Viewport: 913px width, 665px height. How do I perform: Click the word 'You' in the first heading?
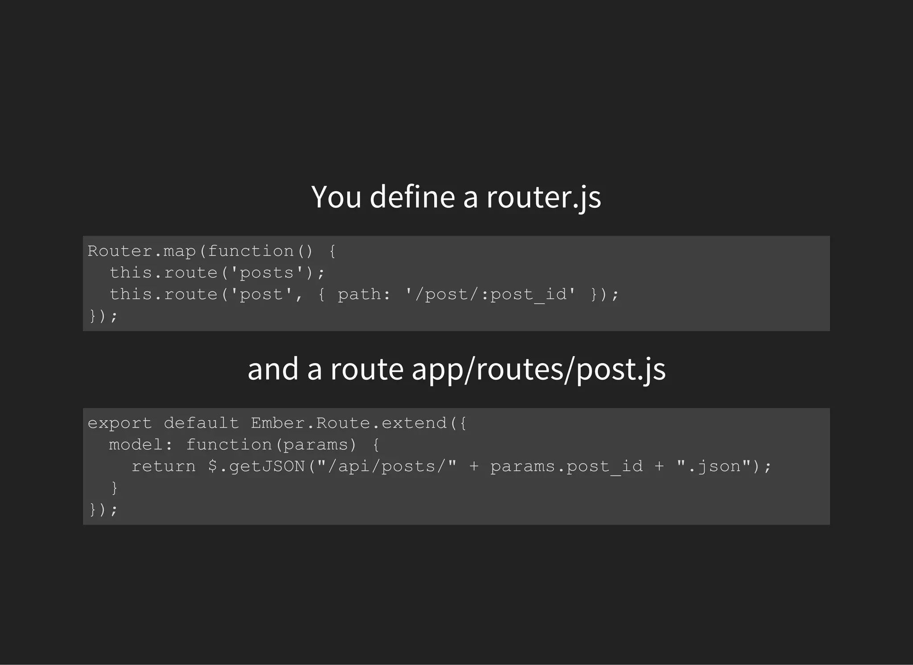coord(336,197)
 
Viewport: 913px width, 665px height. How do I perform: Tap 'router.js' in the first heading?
coord(543,197)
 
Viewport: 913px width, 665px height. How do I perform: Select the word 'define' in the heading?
coord(412,197)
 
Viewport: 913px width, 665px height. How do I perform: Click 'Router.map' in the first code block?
coord(142,251)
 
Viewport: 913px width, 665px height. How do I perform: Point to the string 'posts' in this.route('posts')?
coord(267,273)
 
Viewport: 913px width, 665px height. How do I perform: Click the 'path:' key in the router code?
coord(364,295)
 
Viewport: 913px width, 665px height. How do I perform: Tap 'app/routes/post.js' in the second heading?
coord(539,369)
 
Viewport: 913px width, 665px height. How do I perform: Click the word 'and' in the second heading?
coord(273,369)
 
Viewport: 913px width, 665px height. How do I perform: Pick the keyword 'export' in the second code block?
coord(119,423)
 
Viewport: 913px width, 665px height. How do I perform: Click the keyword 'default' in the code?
coord(201,423)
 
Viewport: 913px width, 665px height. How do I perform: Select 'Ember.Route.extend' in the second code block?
coord(349,423)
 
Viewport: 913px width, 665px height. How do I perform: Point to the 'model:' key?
coord(141,445)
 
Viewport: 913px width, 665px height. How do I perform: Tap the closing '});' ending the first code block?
coord(103,316)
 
